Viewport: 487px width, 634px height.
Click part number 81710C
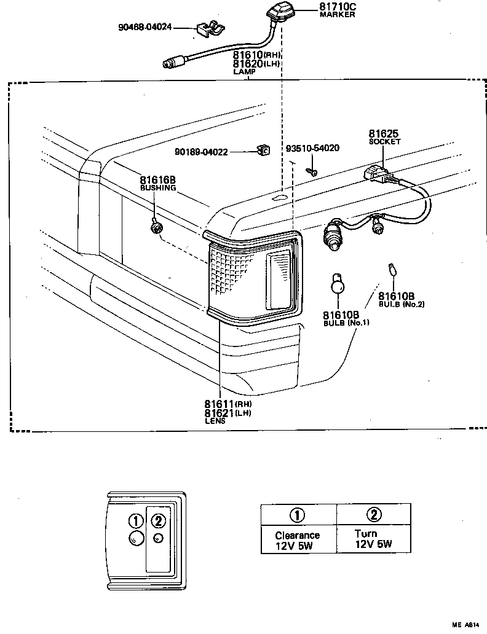click(338, 7)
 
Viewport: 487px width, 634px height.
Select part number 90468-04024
click(145, 27)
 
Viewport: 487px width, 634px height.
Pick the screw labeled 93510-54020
click(312, 170)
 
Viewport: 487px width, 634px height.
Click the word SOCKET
click(384, 142)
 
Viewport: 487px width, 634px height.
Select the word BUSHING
click(158, 188)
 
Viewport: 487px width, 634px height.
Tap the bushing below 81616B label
click(157, 229)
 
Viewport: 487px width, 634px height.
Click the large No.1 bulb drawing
click(336, 284)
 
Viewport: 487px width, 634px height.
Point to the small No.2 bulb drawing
click(390, 268)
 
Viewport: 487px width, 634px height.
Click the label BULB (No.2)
click(401, 304)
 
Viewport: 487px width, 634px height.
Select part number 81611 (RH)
click(228, 404)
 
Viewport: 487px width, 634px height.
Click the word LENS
click(215, 421)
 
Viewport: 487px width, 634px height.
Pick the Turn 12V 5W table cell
click(373, 539)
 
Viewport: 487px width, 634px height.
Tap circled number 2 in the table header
click(373, 515)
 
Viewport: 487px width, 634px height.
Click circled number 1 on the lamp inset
click(135, 520)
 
